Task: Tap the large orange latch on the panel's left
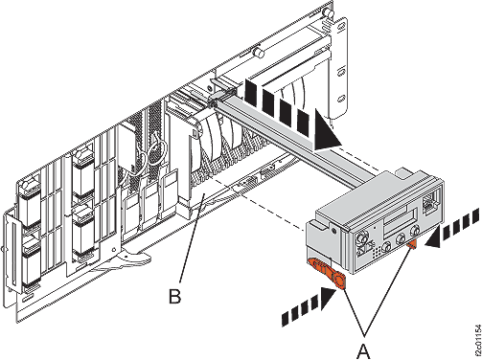pos(329,277)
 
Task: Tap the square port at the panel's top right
pos(430,203)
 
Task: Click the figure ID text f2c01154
pos(474,331)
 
